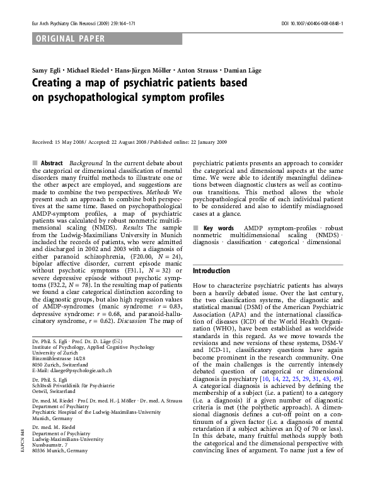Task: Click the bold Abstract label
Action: point(52,163)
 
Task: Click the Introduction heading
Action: point(212,271)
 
